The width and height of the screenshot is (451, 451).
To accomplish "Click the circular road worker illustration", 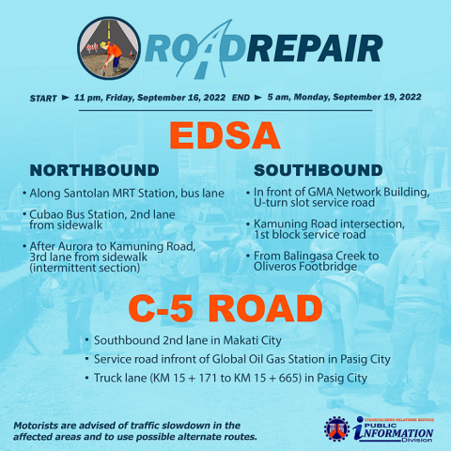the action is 109,48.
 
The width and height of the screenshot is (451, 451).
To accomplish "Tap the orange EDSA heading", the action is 225,136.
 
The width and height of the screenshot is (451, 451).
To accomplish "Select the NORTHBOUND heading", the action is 94,170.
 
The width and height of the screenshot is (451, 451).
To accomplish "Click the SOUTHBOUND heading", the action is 319,170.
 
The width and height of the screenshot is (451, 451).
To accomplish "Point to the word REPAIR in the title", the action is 315,49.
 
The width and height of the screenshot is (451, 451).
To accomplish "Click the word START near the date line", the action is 43,99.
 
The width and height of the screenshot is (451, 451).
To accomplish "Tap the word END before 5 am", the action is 241,98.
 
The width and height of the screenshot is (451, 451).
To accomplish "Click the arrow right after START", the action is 66,98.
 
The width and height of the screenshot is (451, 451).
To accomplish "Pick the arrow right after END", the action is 258,98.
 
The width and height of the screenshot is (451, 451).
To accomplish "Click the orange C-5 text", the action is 161,308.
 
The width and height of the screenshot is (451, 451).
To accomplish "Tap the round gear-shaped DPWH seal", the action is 336,429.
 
